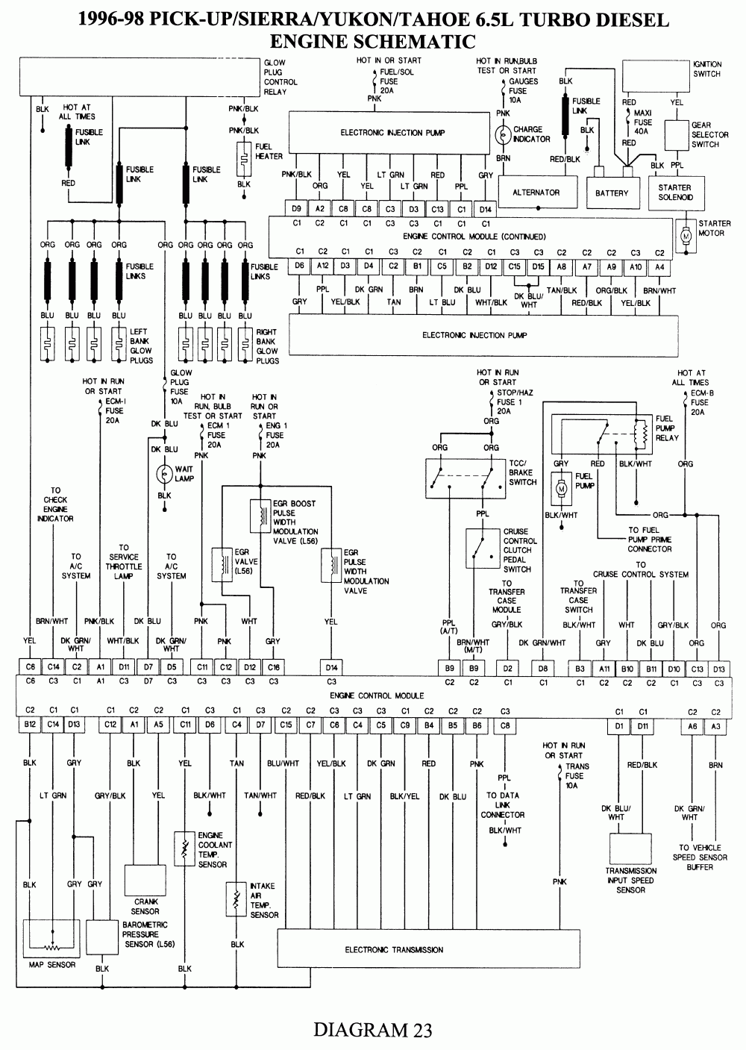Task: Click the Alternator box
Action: click(536, 193)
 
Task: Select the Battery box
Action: click(612, 193)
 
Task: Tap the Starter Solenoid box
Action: click(675, 193)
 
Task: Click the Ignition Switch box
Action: click(655, 75)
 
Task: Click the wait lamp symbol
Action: click(164, 474)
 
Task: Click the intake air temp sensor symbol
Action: click(236, 900)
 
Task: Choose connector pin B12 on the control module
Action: click(30, 724)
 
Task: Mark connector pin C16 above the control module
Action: click(274, 666)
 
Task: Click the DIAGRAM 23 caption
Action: click(372, 1030)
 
